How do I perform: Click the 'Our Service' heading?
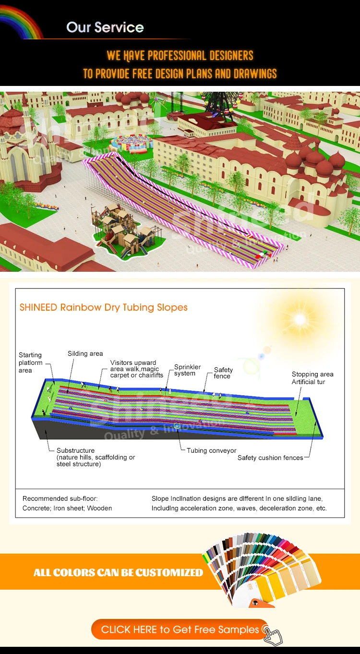(x=105, y=27)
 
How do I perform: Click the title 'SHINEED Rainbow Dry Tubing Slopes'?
(x=103, y=307)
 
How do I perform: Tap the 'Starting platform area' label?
(x=30, y=363)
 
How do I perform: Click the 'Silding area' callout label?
(x=85, y=353)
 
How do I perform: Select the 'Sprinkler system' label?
(x=187, y=370)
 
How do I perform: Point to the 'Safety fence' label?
(x=223, y=373)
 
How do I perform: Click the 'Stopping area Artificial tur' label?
(x=312, y=378)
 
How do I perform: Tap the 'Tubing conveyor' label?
(x=211, y=450)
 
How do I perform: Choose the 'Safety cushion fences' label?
(x=270, y=458)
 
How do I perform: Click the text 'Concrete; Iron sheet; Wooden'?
(x=67, y=508)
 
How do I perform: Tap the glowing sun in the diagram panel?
(x=300, y=319)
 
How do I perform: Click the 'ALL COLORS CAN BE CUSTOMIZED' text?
(x=118, y=572)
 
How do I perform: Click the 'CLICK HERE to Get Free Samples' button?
(x=180, y=630)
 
